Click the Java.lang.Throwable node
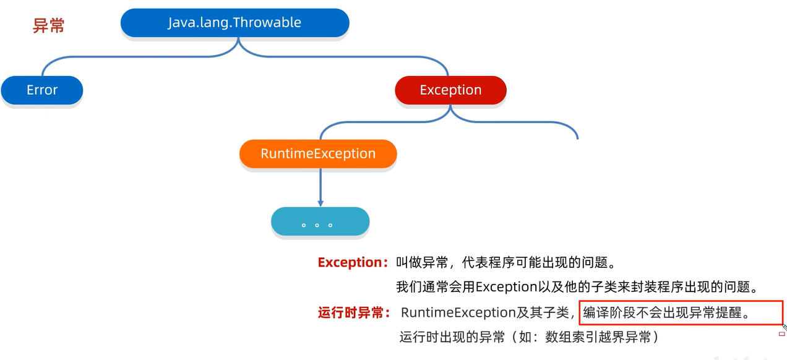point(234,23)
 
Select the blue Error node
point(42,90)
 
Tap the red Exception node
point(450,90)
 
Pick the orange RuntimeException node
point(318,154)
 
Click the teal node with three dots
point(320,223)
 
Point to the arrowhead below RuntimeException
point(320,202)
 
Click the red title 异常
point(49,26)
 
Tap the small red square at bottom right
point(781,334)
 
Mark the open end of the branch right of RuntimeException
point(577,138)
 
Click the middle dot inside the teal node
point(317,225)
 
